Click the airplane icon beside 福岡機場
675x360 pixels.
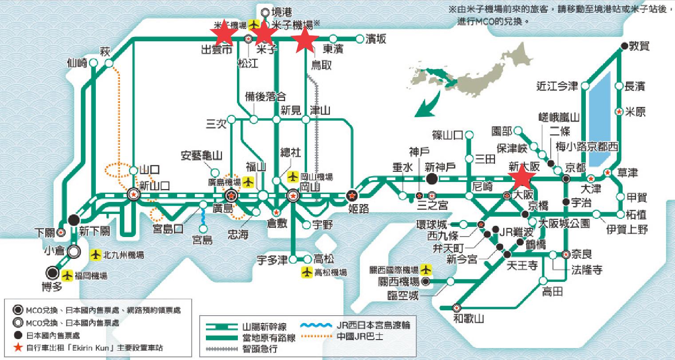[x=67, y=276]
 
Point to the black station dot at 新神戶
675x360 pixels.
[x=430, y=178]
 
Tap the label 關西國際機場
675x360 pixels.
[x=394, y=269]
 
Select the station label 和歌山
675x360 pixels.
[x=469, y=318]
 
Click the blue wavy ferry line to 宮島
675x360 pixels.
[x=203, y=218]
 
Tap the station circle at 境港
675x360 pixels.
[x=265, y=12]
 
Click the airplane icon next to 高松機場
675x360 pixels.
[x=307, y=272]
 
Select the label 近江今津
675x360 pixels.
[x=557, y=86]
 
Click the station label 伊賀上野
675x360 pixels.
[x=627, y=229]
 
